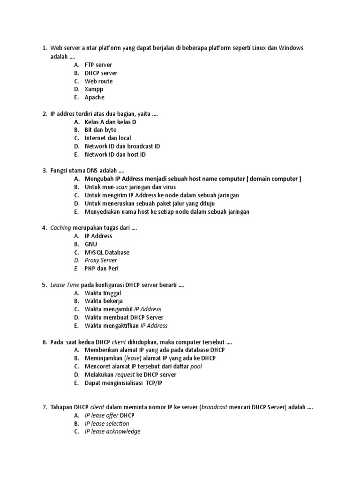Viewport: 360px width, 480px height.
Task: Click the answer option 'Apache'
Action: click(x=94, y=97)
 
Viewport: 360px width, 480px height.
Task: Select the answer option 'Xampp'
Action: click(x=94, y=89)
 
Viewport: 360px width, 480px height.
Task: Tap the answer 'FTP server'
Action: click(x=98, y=65)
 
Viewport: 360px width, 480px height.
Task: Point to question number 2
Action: click(x=44, y=113)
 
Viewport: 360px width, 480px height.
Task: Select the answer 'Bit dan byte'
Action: click(x=100, y=130)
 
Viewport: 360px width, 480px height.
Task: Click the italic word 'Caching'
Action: click(x=60, y=228)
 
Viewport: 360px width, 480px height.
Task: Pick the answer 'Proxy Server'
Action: click(x=101, y=260)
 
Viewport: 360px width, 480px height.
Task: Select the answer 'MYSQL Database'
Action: click(x=107, y=252)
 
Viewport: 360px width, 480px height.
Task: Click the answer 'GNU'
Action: click(x=91, y=244)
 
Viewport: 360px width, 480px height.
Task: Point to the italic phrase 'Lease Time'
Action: click(x=65, y=285)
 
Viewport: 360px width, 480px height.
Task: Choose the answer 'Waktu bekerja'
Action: click(x=104, y=301)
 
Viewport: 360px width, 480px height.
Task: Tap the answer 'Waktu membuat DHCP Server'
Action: click(x=124, y=317)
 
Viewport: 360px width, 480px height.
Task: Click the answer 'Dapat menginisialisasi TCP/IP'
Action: click(x=123, y=382)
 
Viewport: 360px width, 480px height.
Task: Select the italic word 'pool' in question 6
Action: click(x=196, y=366)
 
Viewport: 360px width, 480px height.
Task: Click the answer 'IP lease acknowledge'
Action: click(x=112, y=431)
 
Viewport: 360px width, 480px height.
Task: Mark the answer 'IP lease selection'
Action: click(x=106, y=423)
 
